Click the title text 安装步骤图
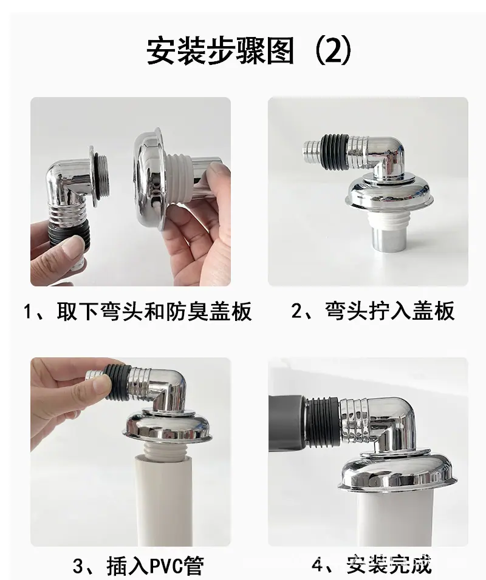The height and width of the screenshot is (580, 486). tap(221, 51)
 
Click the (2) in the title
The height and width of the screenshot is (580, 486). tap(333, 50)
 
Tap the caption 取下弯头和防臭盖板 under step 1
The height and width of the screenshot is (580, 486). tap(154, 311)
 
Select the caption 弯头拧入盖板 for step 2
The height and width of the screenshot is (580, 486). tap(389, 311)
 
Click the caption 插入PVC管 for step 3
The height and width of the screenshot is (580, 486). tap(156, 566)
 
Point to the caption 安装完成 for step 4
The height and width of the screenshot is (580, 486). tap(389, 565)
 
